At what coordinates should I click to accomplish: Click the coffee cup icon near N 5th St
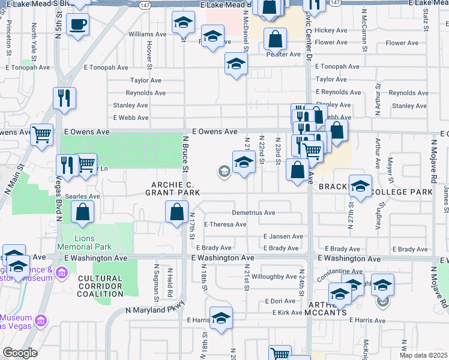pos(78,25)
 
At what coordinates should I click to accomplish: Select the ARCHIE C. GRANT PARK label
pos(172,187)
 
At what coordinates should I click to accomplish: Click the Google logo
pos(20,353)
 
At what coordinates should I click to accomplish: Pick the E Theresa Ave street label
pos(225,224)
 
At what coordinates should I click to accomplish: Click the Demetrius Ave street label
pos(254,212)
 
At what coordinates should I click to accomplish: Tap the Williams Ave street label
pos(145,34)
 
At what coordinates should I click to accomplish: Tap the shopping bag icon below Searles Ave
pos(82,211)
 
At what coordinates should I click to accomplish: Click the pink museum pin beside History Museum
pos(61,274)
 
